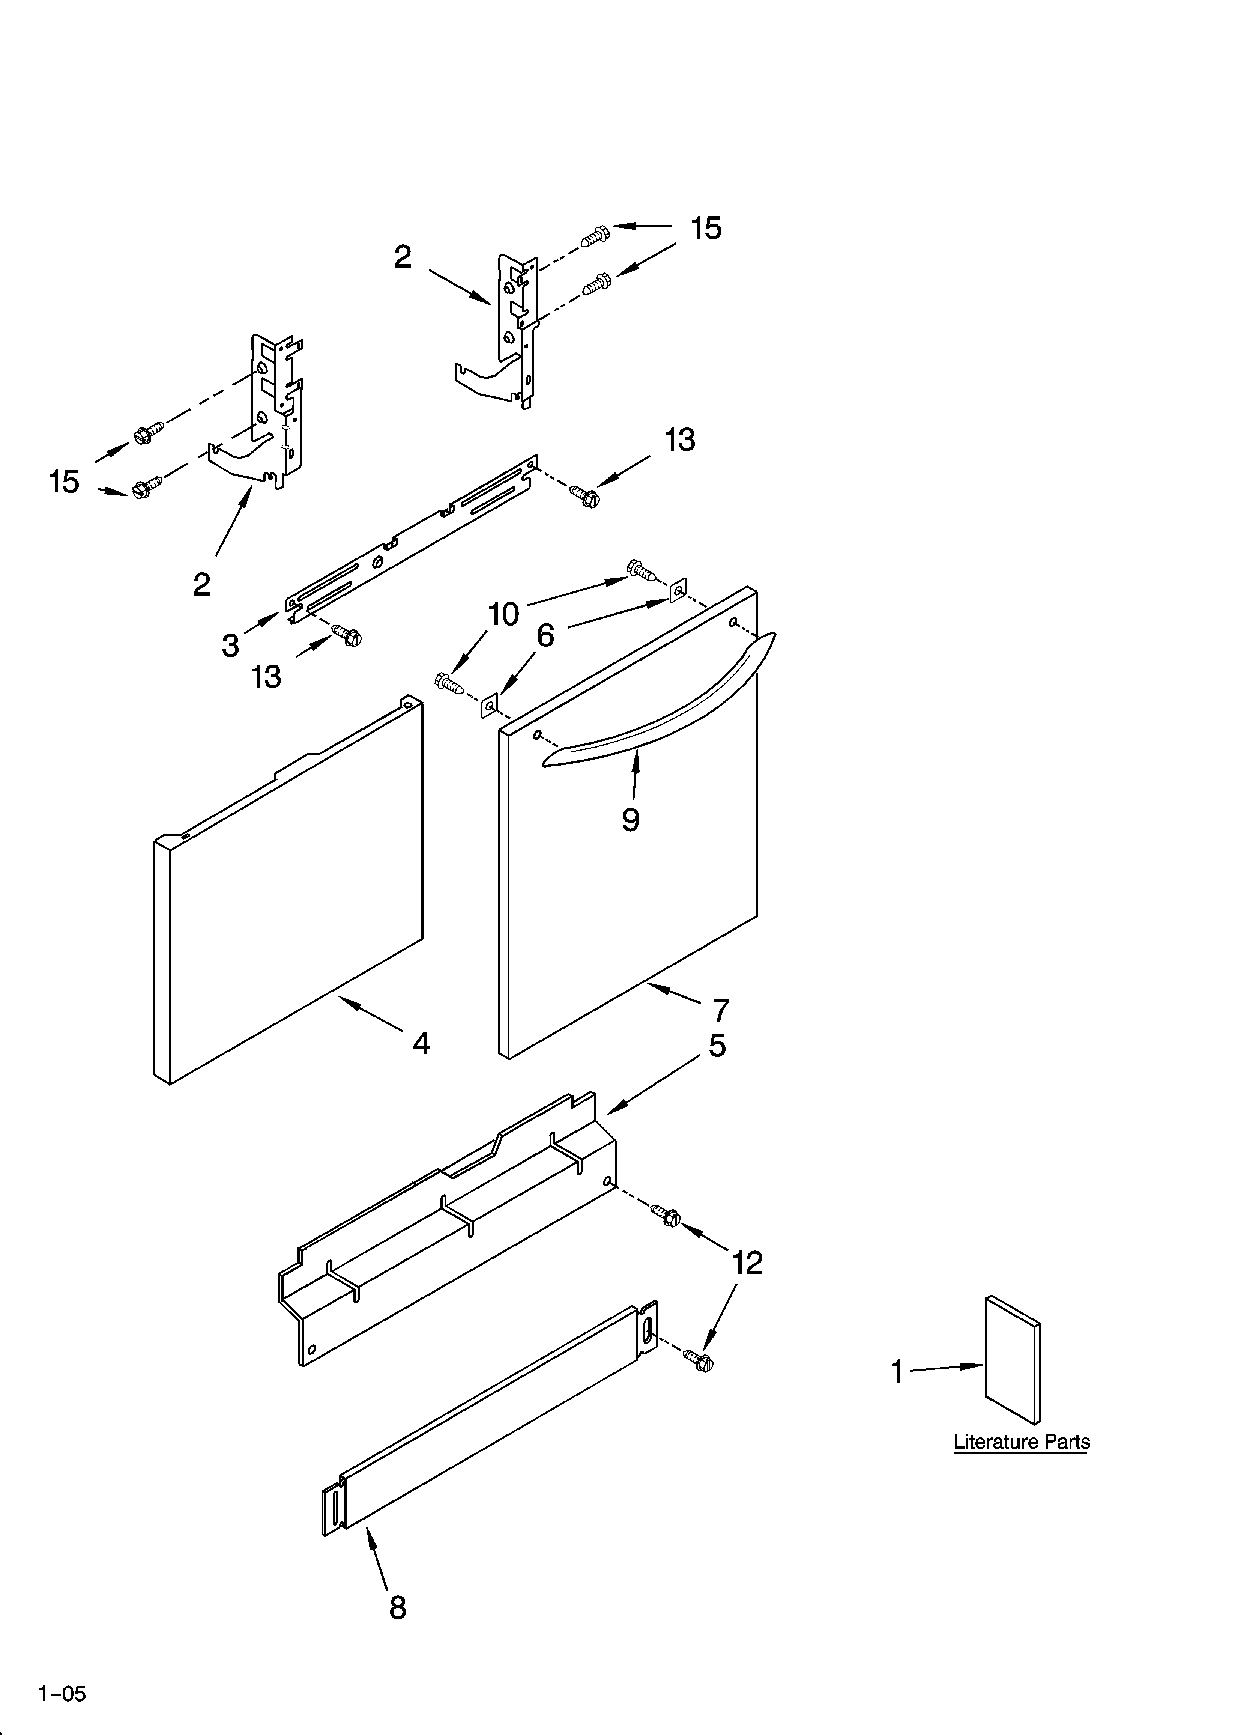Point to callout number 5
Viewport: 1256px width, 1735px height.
pos(717,1046)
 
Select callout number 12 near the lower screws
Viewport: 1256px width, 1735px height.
pos(747,1263)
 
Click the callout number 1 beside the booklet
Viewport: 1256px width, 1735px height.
pos(897,1372)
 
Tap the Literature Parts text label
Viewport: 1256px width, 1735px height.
pos(1021,1442)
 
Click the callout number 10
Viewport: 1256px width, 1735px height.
pos(503,614)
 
